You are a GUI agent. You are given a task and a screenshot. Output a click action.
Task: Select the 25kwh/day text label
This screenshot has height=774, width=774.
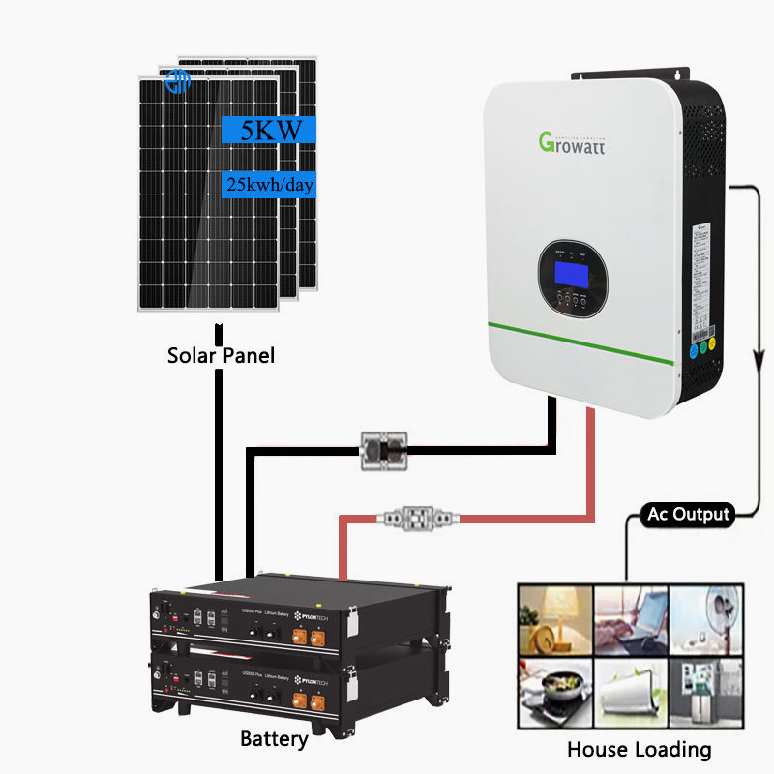click(x=269, y=183)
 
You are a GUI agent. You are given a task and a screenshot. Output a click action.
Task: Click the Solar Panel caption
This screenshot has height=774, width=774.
click(x=221, y=355)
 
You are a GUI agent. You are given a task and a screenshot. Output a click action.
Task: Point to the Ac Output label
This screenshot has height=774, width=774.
click(x=686, y=514)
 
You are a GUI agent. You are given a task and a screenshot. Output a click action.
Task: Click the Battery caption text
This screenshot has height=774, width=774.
click(x=274, y=740)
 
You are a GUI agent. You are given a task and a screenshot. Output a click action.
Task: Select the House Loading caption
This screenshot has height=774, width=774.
click(x=639, y=749)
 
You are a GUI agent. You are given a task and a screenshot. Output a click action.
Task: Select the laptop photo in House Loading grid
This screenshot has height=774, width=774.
click(x=630, y=619)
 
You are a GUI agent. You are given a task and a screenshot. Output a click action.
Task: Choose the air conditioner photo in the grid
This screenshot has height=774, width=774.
click(x=630, y=690)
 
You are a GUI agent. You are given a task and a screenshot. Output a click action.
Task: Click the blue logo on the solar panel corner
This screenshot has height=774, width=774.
click(x=178, y=81)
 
